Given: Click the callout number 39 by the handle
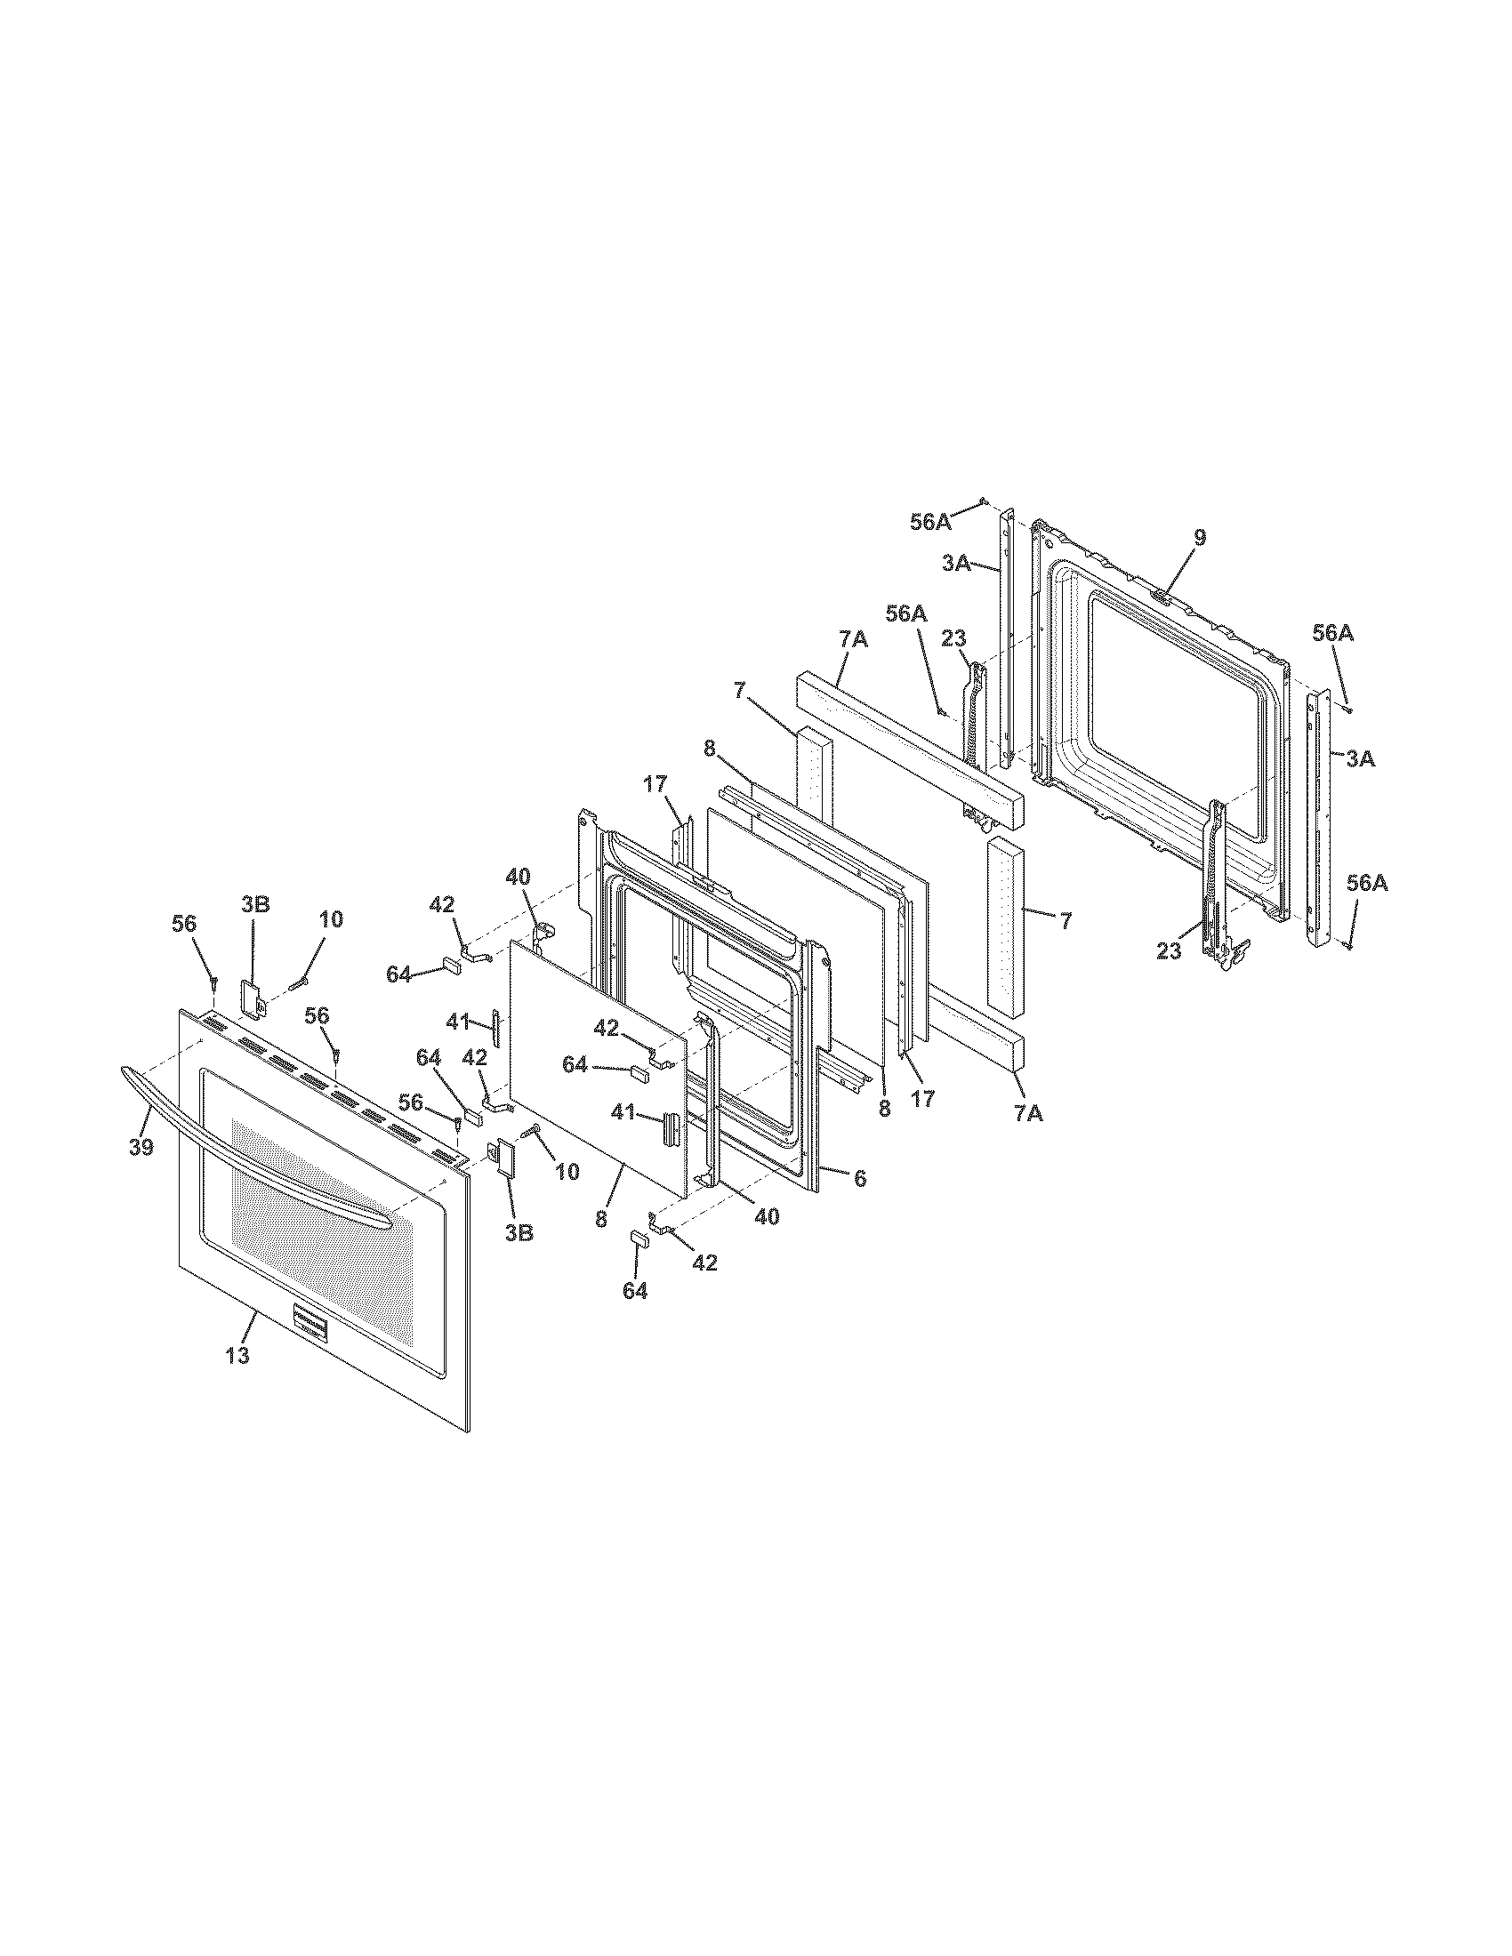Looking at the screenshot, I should (x=141, y=1147).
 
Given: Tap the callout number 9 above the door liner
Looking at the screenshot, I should (x=1200, y=537).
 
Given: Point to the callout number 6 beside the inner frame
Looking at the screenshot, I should (x=859, y=1179).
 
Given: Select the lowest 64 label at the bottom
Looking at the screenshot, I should (x=635, y=1291).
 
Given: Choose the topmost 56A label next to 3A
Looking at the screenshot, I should (x=930, y=522).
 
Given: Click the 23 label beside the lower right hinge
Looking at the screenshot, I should (x=1169, y=952).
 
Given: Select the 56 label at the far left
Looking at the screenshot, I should (x=184, y=924).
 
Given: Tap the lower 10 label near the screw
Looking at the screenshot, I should (x=568, y=1171).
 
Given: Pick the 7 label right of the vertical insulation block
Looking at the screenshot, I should (x=1065, y=920).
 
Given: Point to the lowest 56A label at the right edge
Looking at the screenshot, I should (x=1367, y=883).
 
